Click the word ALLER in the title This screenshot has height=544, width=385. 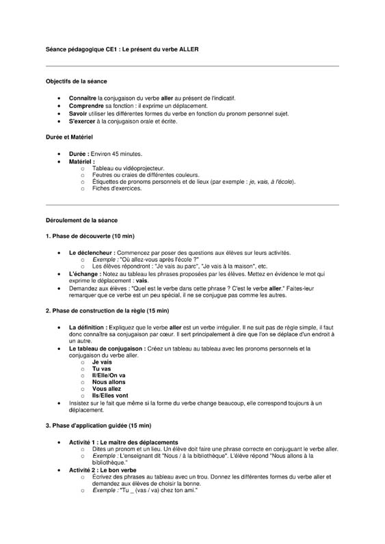188,50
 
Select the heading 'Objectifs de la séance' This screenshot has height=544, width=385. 76,81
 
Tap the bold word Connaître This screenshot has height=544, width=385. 83,98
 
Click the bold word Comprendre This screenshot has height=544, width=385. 86,106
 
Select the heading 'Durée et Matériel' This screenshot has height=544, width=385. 69,137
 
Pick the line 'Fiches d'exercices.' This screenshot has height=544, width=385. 116,189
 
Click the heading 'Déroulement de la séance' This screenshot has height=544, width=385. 81,221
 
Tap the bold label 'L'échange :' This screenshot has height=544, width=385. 85,273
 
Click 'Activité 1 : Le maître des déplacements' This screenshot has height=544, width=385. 123,442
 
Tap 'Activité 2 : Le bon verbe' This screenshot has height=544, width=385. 103,470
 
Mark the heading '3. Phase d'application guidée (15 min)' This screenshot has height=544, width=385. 98,426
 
